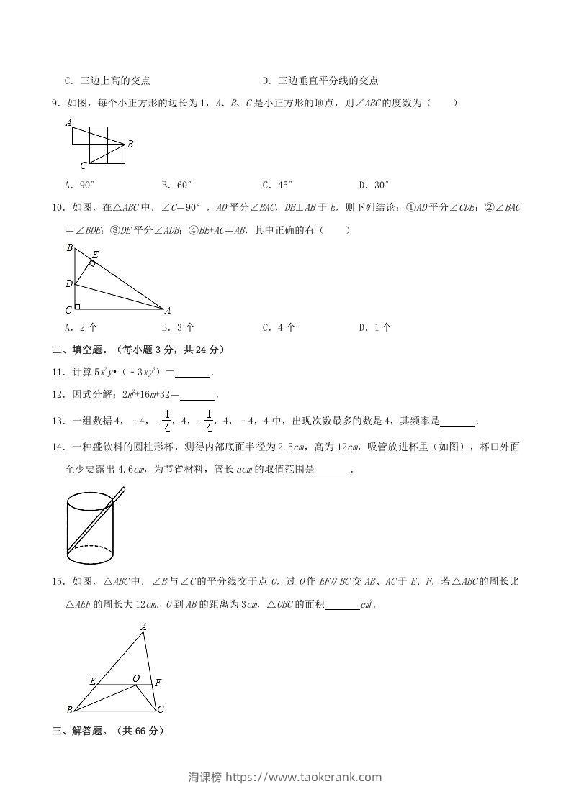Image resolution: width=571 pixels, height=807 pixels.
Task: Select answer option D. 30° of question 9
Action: click(x=374, y=185)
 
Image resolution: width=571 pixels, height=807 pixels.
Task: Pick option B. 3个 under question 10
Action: click(x=178, y=327)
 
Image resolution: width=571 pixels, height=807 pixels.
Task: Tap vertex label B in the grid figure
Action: click(x=130, y=145)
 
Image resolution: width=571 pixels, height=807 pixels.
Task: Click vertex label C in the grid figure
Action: click(x=84, y=165)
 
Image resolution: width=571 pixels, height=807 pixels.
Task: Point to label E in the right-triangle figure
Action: click(x=95, y=254)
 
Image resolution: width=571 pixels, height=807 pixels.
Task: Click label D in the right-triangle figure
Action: click(x=69, y=283)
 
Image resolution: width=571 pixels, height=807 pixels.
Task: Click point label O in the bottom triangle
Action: click(x=135, y=678)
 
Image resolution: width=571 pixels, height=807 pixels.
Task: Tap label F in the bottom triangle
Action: click(x=158, y=682)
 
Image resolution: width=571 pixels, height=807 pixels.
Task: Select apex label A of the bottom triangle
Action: click(x=143, y=627)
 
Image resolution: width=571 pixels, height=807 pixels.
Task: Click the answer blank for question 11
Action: click(x=193, y=373)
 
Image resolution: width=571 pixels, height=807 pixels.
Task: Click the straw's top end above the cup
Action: click(x=123, y=491)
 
